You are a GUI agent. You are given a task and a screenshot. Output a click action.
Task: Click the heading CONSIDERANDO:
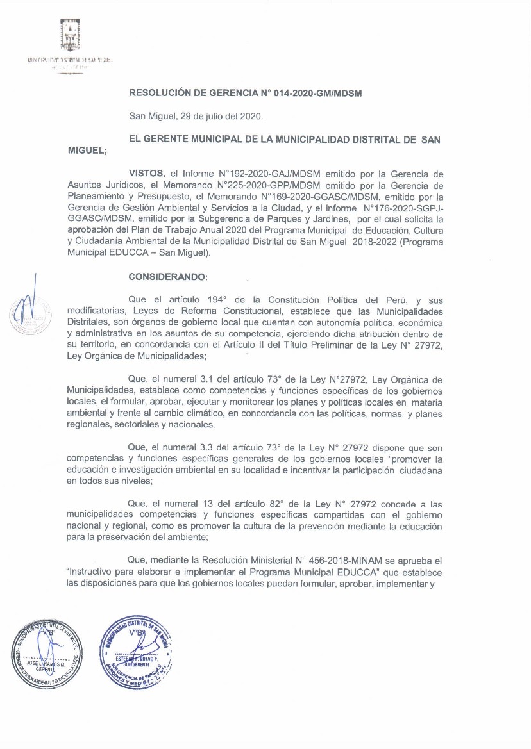168,277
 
